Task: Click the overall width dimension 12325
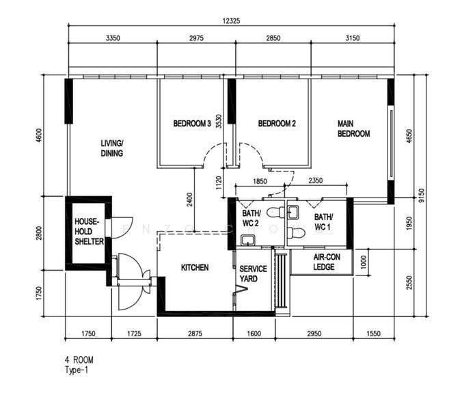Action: (231, 20)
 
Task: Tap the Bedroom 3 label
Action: (192, 124)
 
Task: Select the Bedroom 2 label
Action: (277, 124)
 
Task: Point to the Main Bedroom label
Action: (353, 128)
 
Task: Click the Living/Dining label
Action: (112, 148)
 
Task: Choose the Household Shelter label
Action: (89, 232)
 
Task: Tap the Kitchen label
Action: (195, 267)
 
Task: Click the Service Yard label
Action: (253, 273)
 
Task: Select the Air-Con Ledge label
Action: (327, 262)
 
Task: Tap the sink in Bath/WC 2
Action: (248, 241)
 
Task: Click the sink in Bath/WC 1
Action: (293, 213)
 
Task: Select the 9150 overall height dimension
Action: (422, 195)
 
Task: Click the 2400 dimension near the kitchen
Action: (190, 200)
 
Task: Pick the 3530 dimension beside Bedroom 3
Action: (219, 121)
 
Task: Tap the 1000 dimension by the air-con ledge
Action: (364, 262)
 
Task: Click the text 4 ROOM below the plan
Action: (79, 360)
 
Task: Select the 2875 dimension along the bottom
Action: (195, 333)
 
